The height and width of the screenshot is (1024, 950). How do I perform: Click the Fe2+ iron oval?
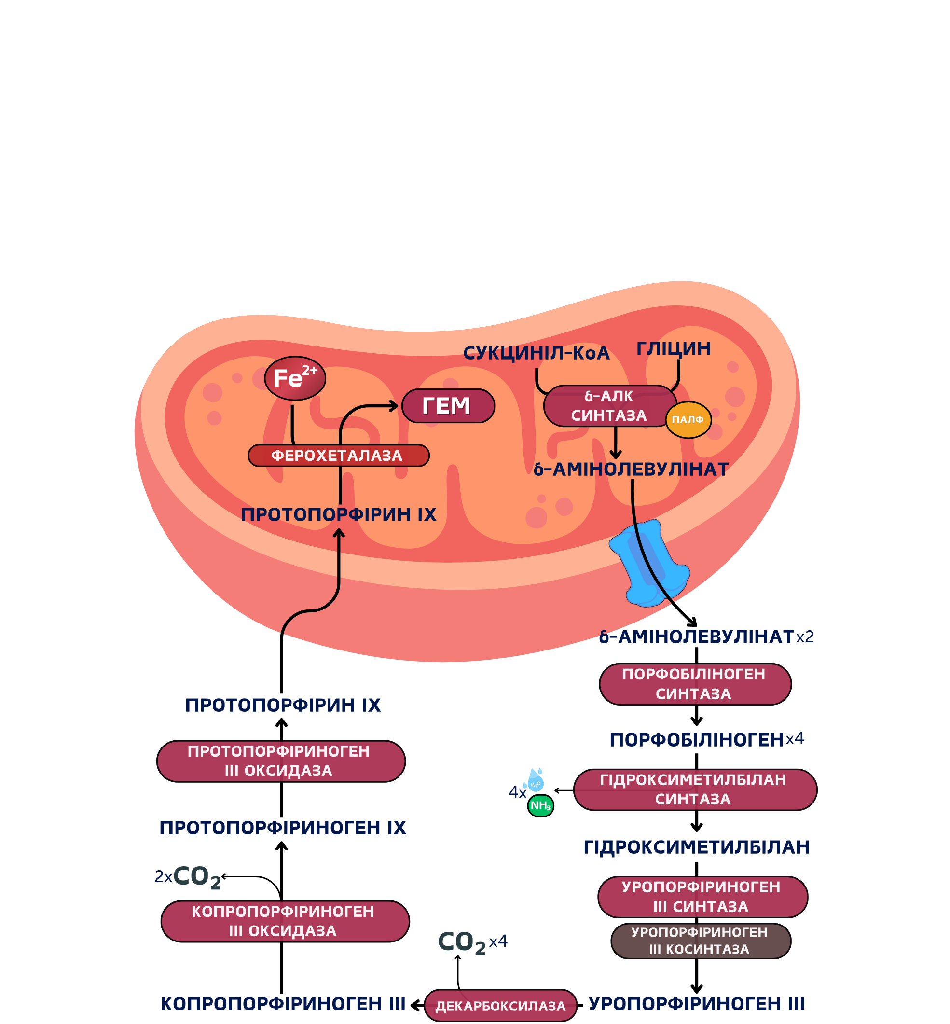[295, 378]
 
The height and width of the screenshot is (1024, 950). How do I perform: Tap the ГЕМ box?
[448, 405]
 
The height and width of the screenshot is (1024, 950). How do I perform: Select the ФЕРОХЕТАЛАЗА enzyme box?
[339, 456]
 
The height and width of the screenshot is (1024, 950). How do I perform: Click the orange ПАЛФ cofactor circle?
[688, 419]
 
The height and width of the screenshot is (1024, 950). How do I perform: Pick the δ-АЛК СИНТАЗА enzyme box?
[610, 405]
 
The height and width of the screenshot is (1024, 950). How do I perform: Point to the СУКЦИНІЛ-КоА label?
[536, 353]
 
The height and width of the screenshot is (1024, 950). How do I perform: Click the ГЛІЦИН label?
[674, 348]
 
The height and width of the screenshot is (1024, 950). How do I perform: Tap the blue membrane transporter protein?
[649, 563]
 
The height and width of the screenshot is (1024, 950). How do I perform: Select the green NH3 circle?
[541, 805]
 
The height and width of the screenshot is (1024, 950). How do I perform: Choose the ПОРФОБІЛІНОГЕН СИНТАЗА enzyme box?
[695, 684]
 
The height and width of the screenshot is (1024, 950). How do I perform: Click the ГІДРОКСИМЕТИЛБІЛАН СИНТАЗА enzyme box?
[695, 789]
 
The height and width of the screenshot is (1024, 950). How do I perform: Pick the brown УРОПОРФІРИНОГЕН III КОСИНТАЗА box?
[701, 941]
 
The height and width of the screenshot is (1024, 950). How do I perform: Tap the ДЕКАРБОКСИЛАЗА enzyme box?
[500, 1006]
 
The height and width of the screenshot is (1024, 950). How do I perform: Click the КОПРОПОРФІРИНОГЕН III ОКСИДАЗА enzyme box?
[285, 921]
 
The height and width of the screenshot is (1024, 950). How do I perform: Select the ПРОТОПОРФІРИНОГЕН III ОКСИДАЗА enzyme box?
[281, 761]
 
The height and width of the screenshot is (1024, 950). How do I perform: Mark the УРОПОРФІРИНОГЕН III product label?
[697, 1004]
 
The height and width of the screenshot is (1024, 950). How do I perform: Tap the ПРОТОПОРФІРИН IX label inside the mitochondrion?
[339, 514]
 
